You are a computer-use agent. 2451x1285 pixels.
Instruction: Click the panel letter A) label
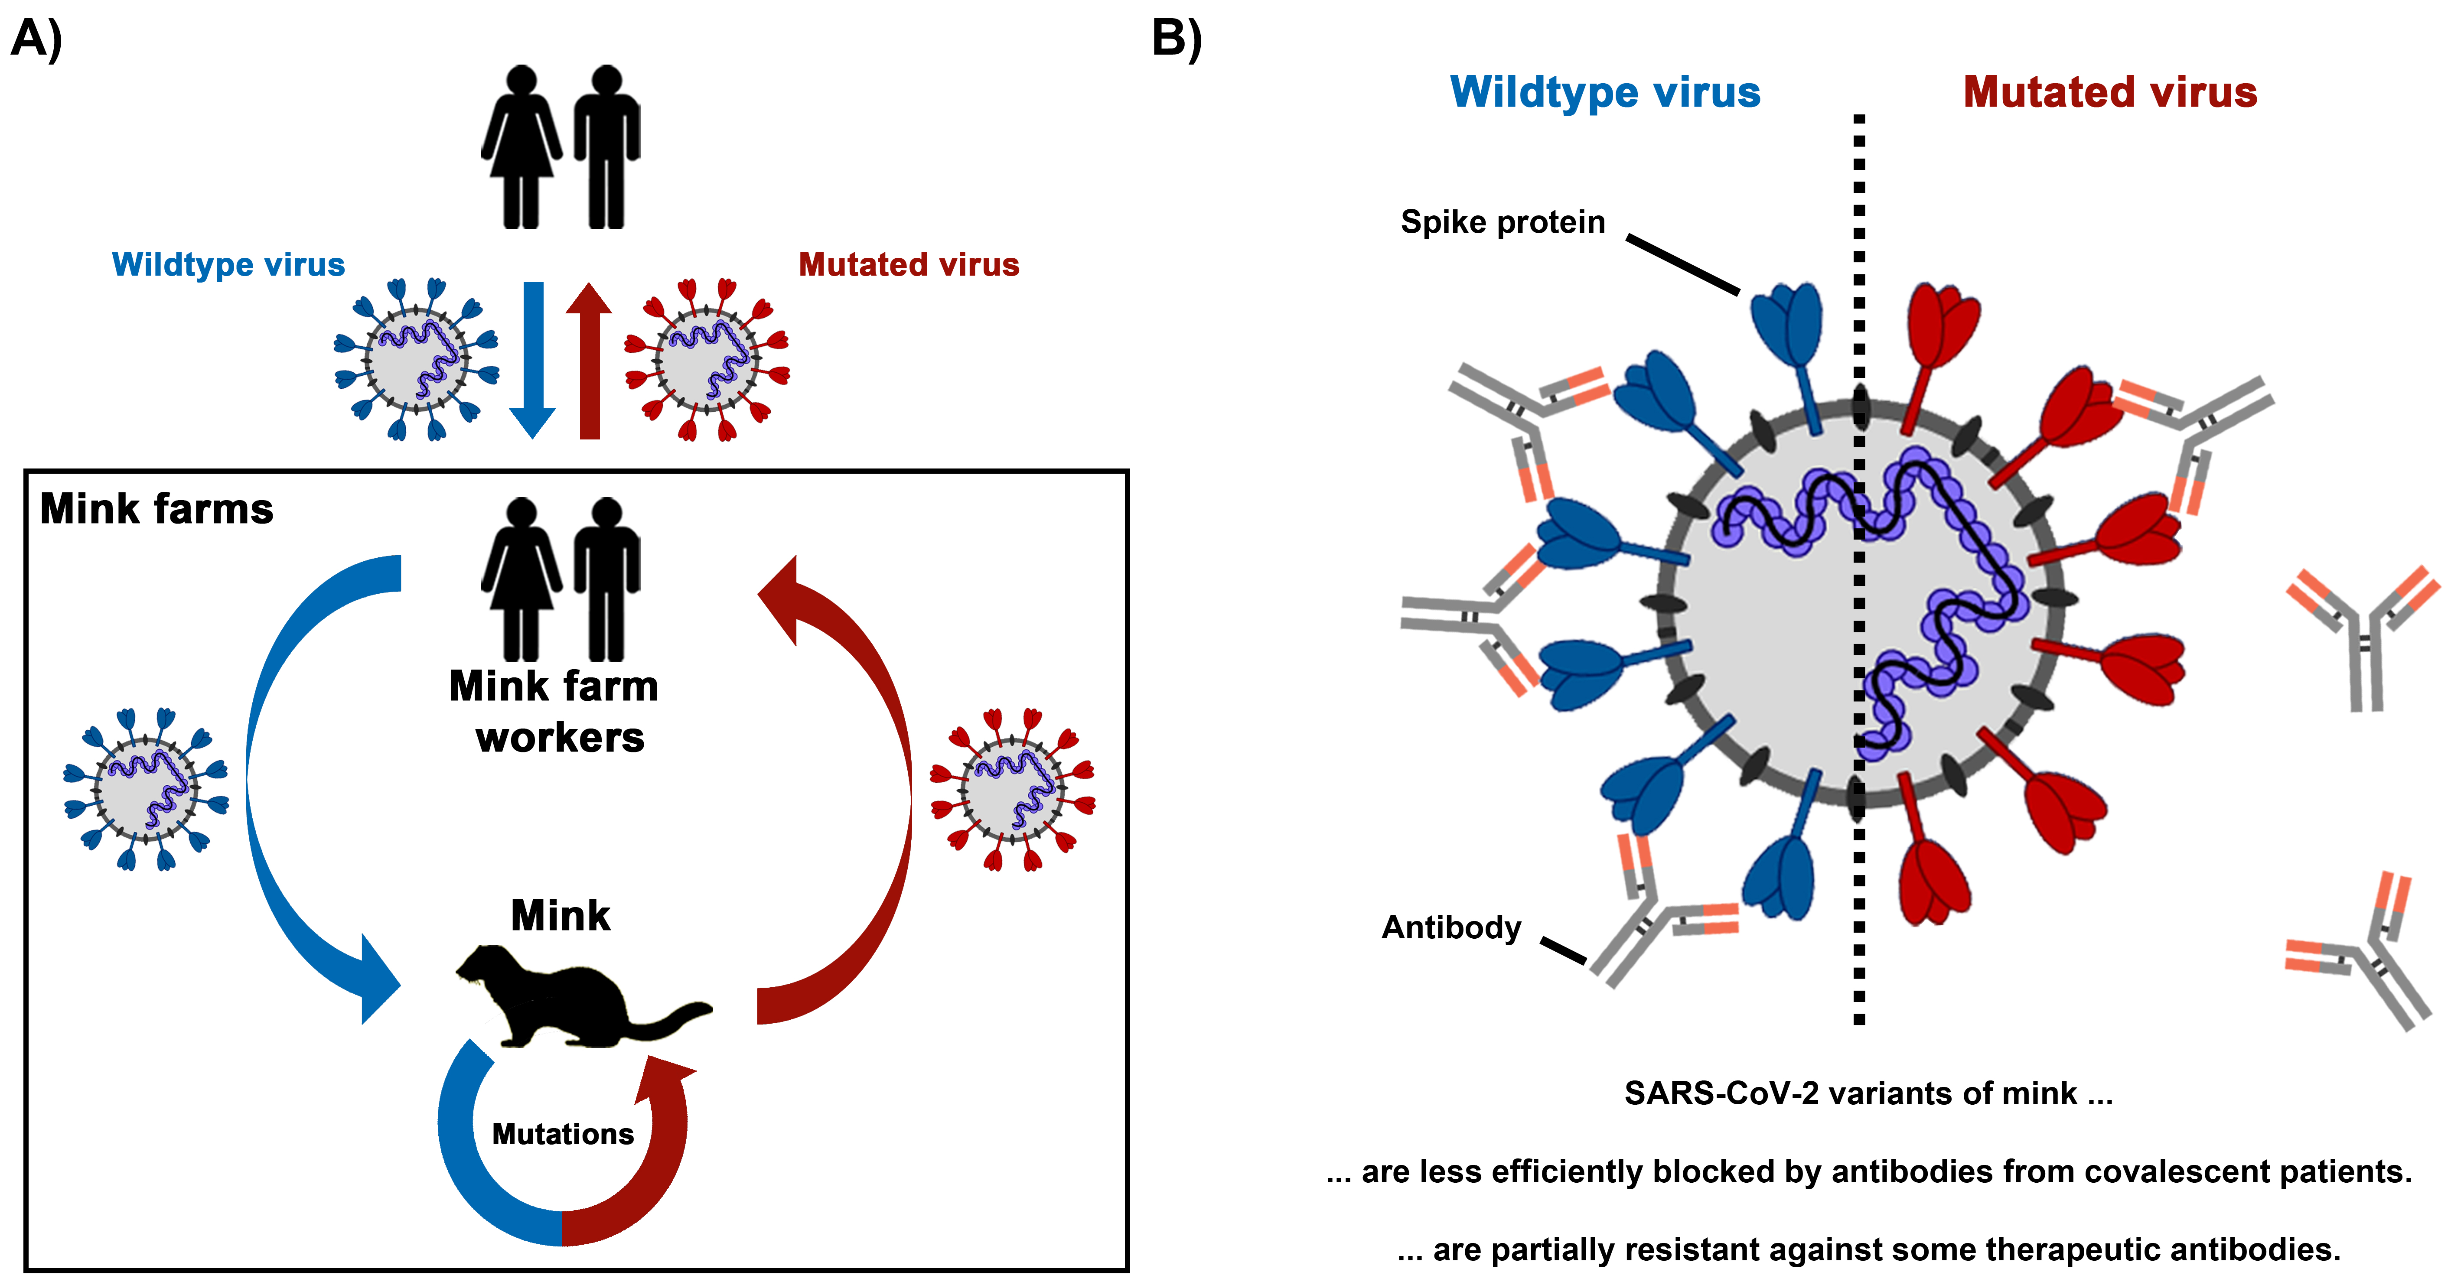36,40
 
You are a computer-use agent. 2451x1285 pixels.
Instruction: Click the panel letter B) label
1177,40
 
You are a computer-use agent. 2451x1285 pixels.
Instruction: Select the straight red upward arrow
589,361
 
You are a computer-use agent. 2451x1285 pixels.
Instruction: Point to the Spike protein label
1503,221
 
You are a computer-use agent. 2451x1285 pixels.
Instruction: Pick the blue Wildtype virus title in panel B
1605,92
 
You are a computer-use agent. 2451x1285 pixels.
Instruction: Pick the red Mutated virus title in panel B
2109,92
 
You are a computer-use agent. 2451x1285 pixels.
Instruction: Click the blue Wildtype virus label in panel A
228,264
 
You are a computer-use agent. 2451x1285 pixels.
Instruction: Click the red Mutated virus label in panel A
909,264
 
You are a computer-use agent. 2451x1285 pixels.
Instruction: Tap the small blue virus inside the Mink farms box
146,790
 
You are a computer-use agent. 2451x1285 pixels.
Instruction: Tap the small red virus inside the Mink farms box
1012,790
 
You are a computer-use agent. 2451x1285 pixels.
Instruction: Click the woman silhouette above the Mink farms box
521,147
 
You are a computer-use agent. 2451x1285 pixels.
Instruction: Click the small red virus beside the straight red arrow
706,360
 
